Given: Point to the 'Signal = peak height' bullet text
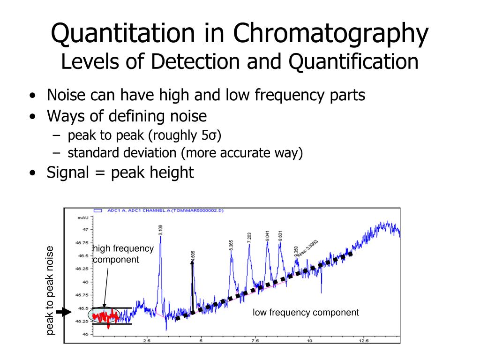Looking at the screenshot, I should pyautogui.click(x=120, y=172).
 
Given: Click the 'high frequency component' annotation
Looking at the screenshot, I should pyautogui.click(x=123, y=254).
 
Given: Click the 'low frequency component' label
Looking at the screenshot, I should pyautogui.click(x=306, y=312).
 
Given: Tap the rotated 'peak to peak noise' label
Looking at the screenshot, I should pyautogui.click(x=50, y=291).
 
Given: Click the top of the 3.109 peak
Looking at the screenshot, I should pyautogui.click(x=160, y=237).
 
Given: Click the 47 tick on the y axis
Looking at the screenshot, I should pyautogui.click(x=85, y=229).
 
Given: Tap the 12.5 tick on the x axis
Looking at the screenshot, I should pyautogui.click(x=363, y=341).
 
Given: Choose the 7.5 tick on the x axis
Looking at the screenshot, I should pyautogui.click(x=255, y=341).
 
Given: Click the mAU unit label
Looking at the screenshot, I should pyautogui.click(x=82, y=217).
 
